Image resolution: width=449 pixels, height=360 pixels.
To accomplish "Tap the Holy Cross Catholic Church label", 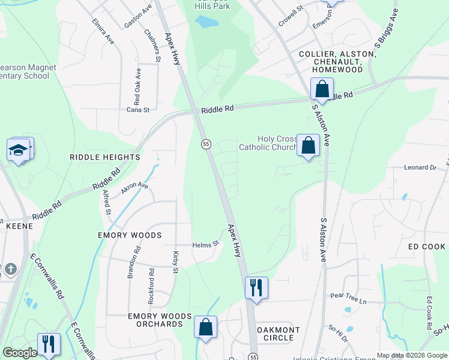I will pyautogui.click(x=268, y=143).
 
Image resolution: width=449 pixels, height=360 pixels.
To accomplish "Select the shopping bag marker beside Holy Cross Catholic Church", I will pyautogui.click(x=308, y=146).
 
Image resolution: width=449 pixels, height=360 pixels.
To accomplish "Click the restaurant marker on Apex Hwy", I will pyautogui.click(x=256, y=287).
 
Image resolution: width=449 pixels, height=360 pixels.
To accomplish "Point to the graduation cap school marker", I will pyautogui.click(x=19, y=150).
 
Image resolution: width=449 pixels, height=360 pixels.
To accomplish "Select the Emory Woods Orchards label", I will pyautogui.click(x=160, y=320).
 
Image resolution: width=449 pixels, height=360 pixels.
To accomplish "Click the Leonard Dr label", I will pyautogui.click(x=420, y=168).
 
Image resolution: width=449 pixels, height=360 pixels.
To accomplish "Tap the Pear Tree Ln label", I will pyautogui.click(x=348, y=296).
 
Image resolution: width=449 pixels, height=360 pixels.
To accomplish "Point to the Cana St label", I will pyautogui.click(x=137, y=110).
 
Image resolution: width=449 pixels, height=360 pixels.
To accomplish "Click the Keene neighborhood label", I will pyautogui.click(x=19, y=226).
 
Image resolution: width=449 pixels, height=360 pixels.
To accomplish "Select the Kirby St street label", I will pyautogui.click(x=176, y=262).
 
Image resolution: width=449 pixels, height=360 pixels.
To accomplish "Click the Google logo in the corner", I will pyautogui.click(x=20, y=353).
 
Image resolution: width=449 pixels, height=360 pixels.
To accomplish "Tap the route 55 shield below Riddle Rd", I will pyautogui.click(x=206, y=144).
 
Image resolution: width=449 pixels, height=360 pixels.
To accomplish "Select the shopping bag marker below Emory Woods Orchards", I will pyautogui.click(x=205, y=328).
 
